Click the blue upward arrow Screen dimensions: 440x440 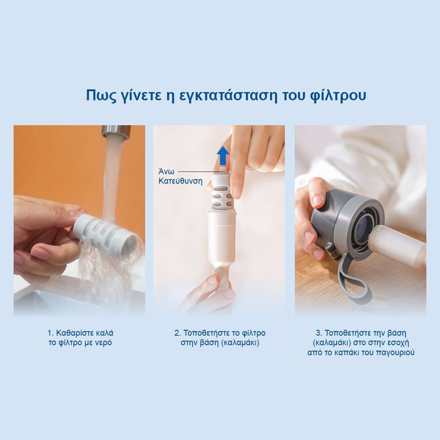pyautogui.click(x=224, y=156)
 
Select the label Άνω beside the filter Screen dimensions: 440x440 pyautogui.click(x=166, y=172)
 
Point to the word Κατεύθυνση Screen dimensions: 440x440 pyautogui.click(x=180, y=181)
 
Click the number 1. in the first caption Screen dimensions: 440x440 pyautogui.click(x=51, y=333)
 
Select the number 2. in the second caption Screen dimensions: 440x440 pyautogui.click(x=178, y=333)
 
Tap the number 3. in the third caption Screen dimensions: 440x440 pyautogui.click(x=319, y=333)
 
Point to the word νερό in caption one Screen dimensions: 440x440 pyautogui.click(x=104, y=343)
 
